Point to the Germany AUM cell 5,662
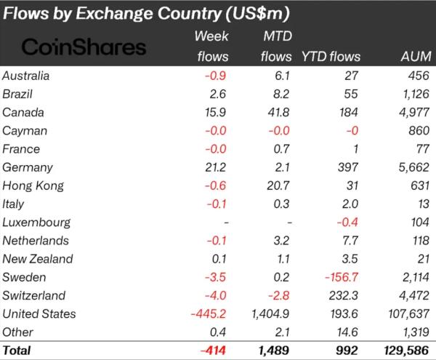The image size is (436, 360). click(x=411, y=167)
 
